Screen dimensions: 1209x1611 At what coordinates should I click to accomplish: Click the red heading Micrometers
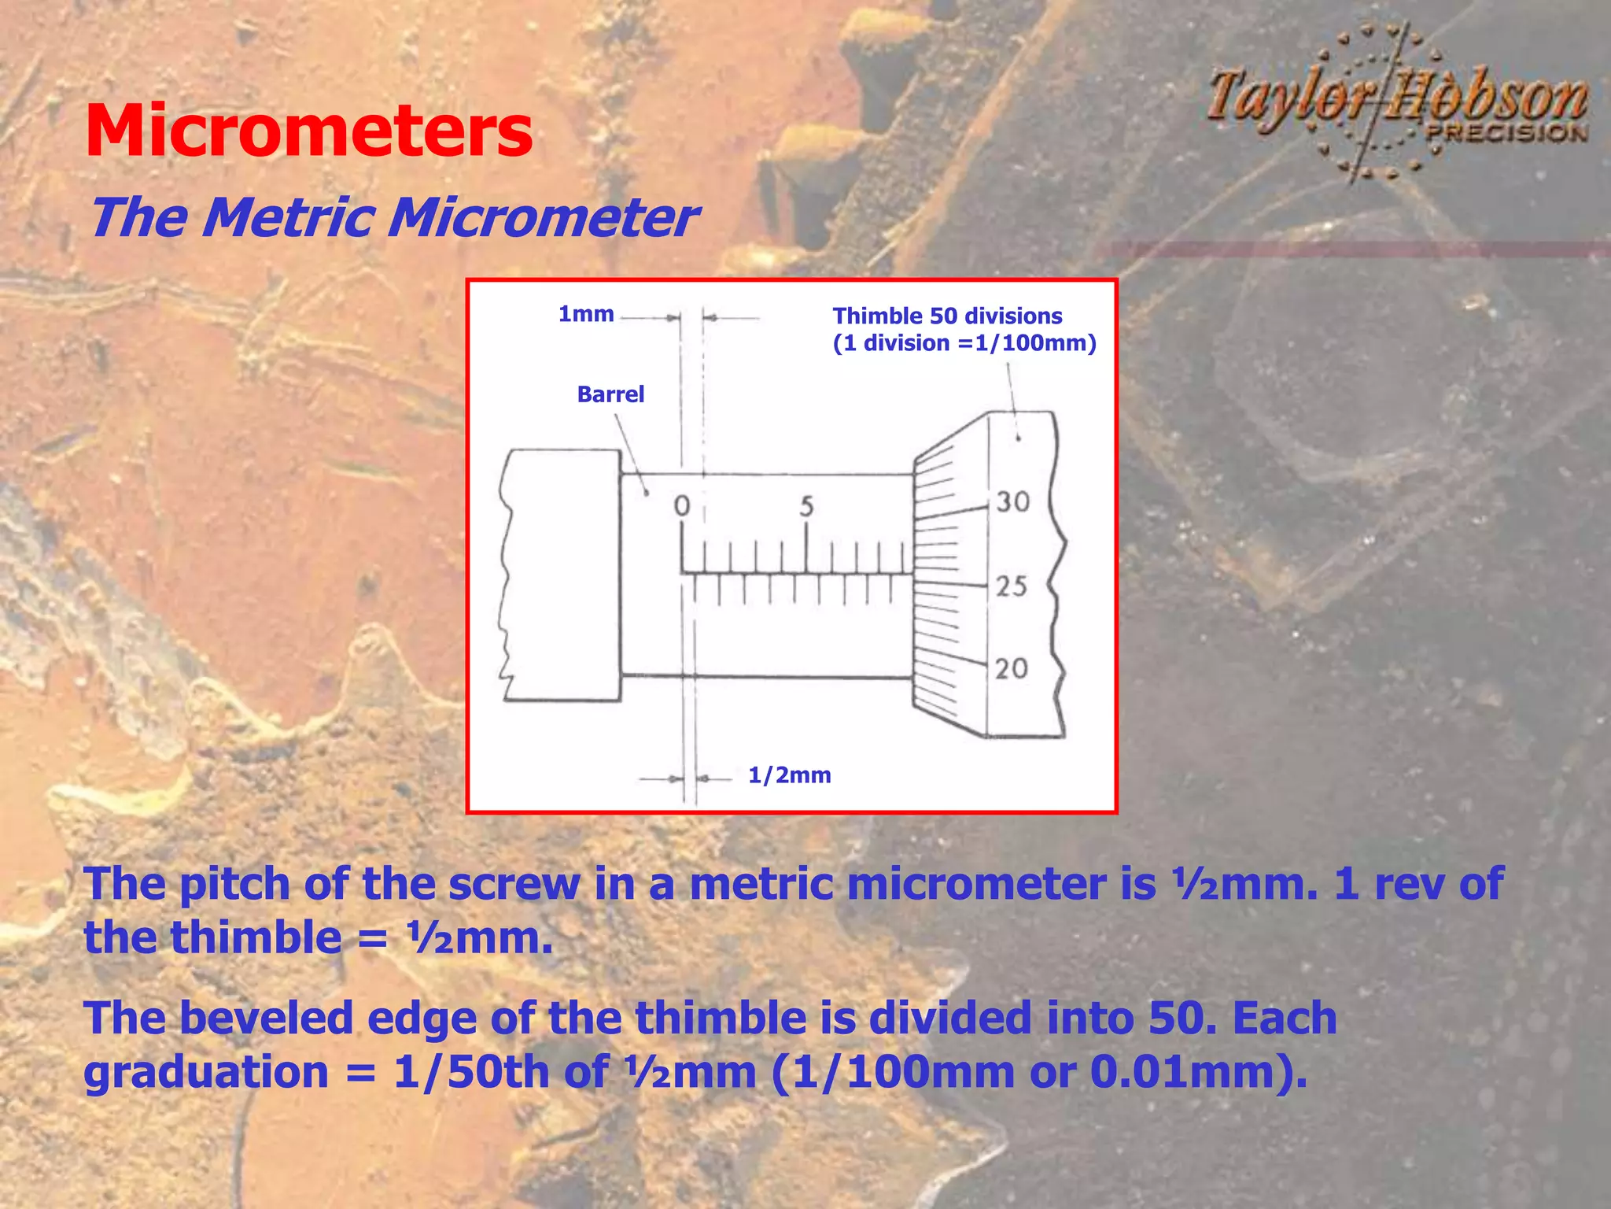click(308, 131)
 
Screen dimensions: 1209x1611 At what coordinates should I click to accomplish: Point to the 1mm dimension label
click(585, 314)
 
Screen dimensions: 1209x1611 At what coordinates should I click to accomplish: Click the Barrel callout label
click(610, 394)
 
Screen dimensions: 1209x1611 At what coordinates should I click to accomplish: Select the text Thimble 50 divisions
click(947, 316)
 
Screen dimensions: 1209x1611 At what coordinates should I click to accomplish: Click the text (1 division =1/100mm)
click(964, 343)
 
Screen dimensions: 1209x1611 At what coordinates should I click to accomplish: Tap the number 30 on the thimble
click(1012, 502)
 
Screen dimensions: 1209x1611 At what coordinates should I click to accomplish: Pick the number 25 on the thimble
click(1012, 586)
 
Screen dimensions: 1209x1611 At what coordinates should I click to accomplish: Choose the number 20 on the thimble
click(1012, 669)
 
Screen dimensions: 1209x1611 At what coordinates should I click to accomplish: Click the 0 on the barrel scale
click(682, 506)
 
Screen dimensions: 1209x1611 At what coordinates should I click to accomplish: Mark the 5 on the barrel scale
click(806, 507)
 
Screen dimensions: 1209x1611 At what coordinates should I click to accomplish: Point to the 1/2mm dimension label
click(789, 775)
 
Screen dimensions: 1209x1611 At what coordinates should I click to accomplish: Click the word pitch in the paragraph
click(234, 885)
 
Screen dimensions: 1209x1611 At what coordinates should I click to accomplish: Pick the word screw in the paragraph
click(514, 885)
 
